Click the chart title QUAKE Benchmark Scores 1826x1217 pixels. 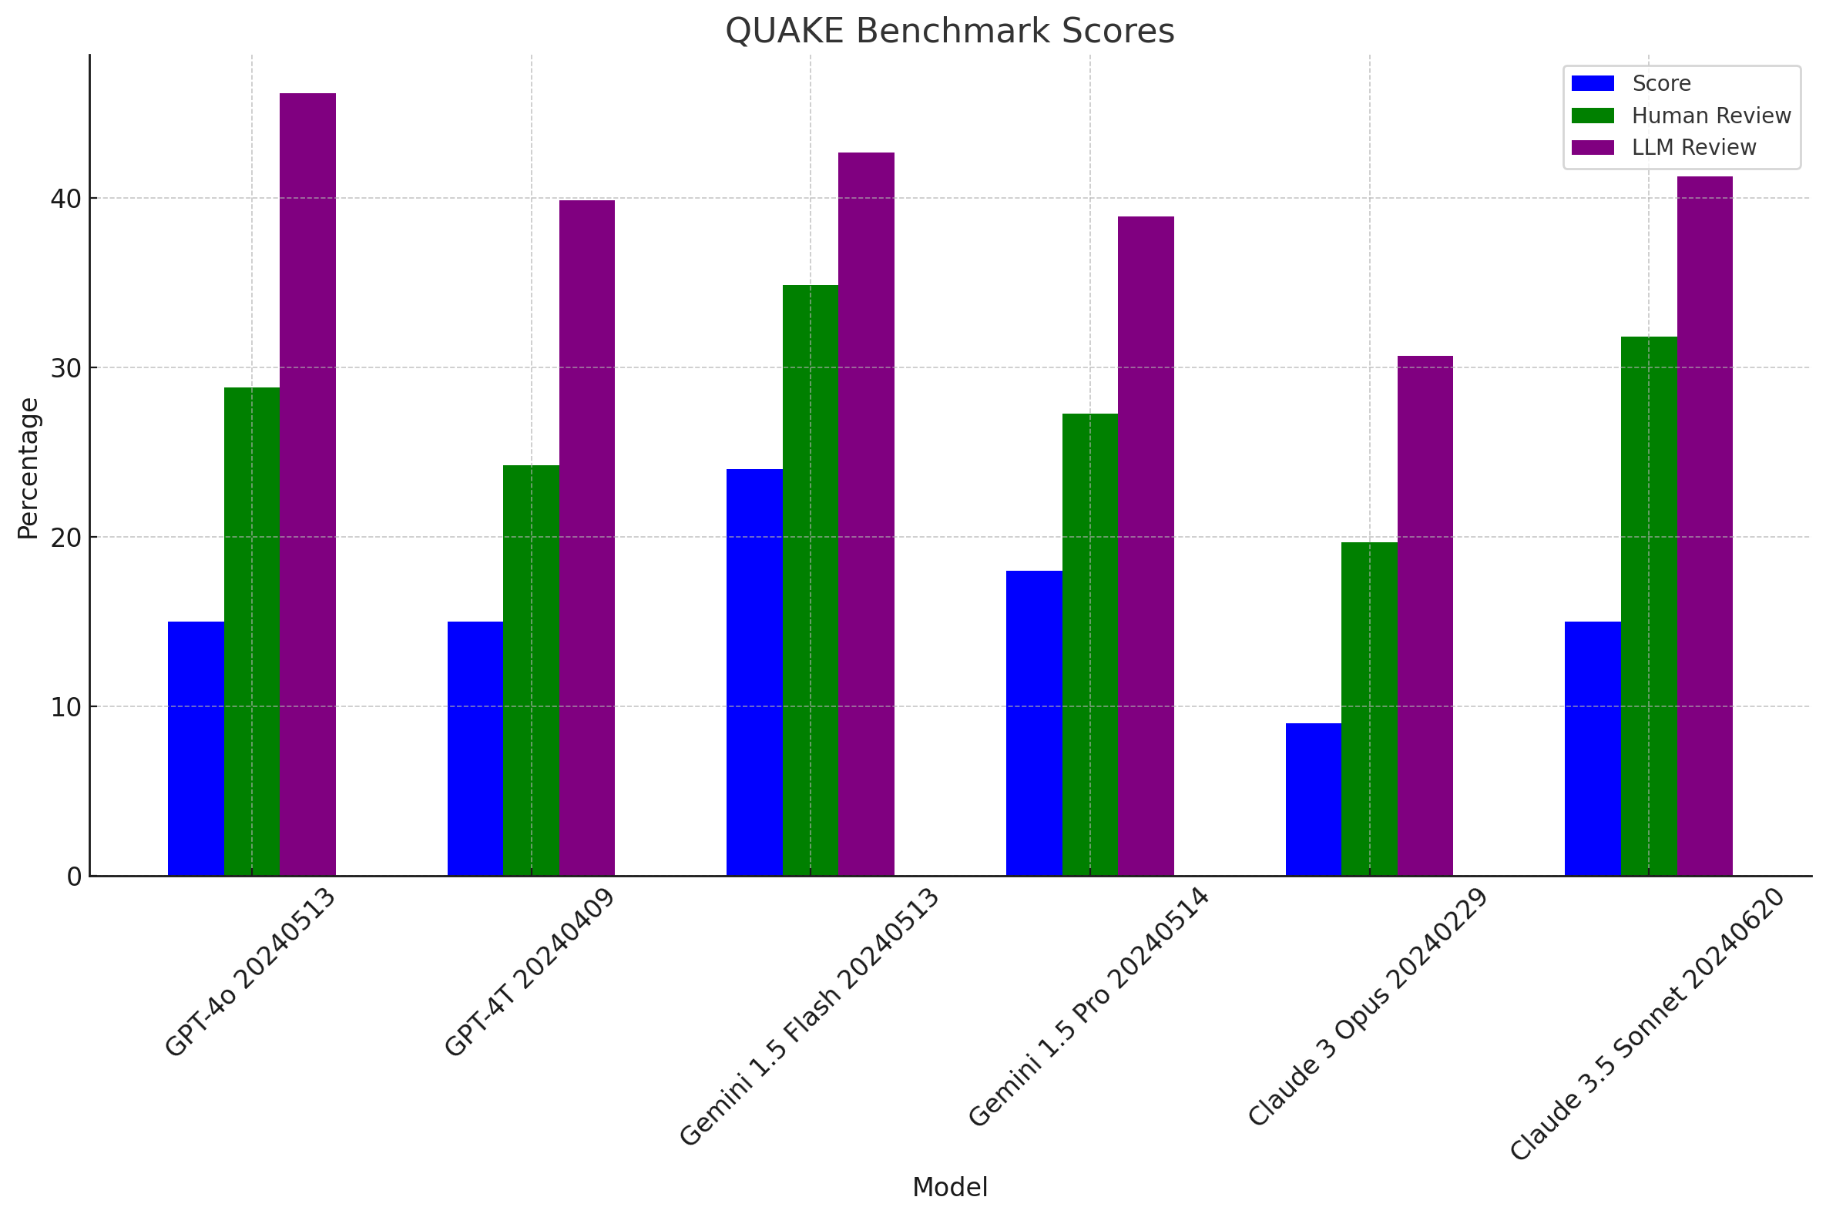pyautogui.click(x=949, y=32)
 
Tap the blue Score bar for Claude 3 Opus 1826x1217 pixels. pyautogui.click(x=1313, y=800)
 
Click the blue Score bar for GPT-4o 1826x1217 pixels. pyautogui.click(x=196, y=749)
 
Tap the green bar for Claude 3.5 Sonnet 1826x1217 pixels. pyautogui.click(x=1648, y=606)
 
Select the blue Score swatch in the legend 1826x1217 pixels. pyautogui.click(x=1593, y=83)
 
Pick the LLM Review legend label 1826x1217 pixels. pyautogui.click(x=1693, y=147)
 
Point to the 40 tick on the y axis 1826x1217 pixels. pyautogui.click(x=66, y=199)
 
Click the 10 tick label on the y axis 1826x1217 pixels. pyautogui.click(x=66, y=707)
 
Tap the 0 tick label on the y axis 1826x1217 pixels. pyautogui.click(x=75, y=877)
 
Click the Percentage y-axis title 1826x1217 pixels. pyautogui.click(x=29, y=468)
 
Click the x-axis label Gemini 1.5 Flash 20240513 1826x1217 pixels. pyautogui.click(x=809, y=1017)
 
